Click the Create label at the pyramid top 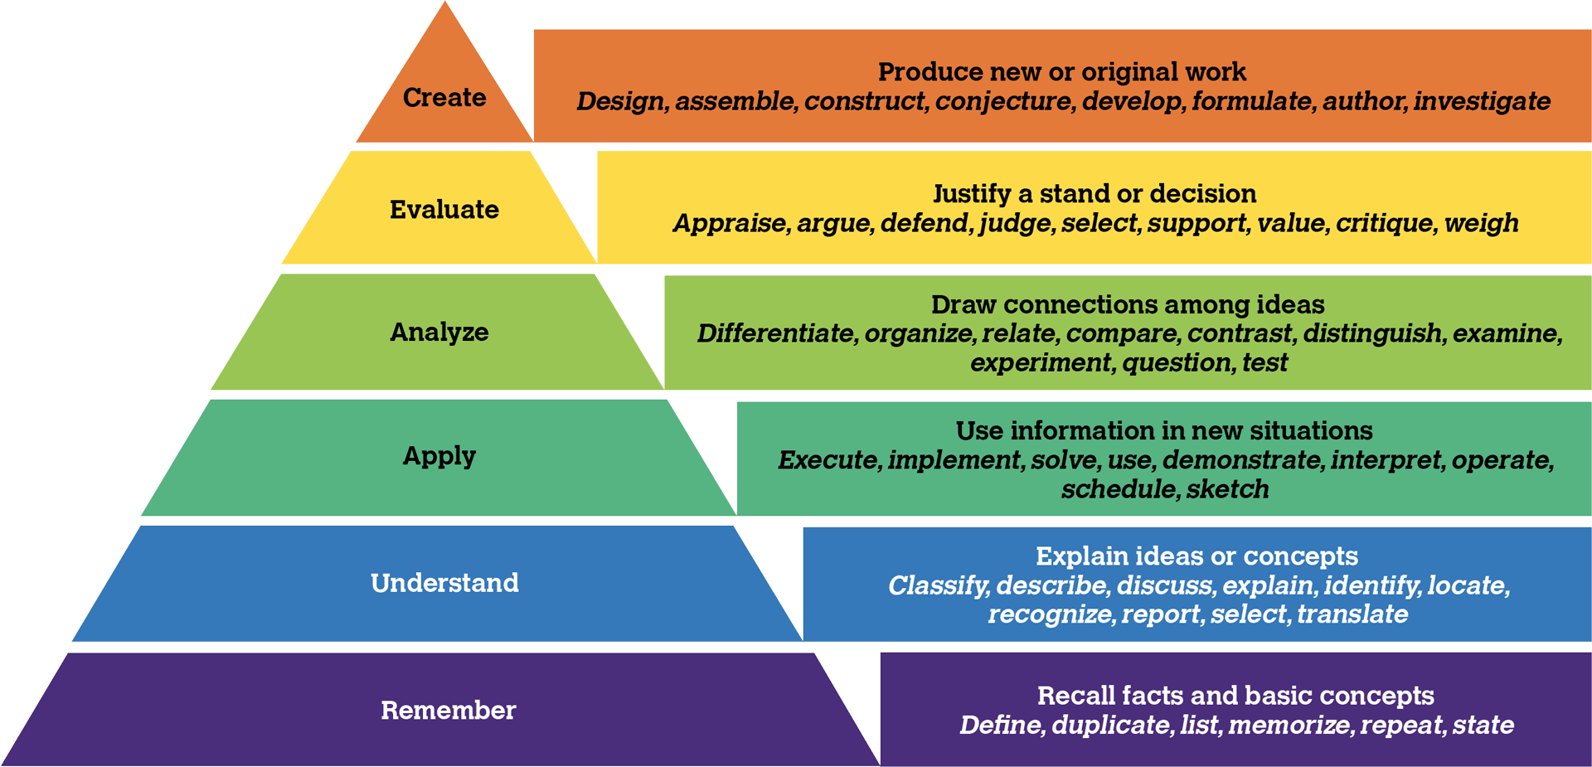point(444,98)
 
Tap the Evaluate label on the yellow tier point(444,210)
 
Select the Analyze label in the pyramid point(439,333)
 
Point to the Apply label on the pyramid point(439,456)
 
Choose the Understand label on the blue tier point(444,583)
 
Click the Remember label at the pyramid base point(448,711)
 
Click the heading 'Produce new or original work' point(1062,72)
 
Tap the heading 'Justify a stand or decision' point(1094,194)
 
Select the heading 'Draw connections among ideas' point(1128,305)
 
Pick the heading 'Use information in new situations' point(1164,431)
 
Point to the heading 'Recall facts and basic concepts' point(1235,696)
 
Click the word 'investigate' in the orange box point(1482,101)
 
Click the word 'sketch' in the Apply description point(1227,489)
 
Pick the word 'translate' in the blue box point(1352,614)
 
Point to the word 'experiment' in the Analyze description point(1041,363)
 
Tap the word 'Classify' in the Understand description point(937,586)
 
